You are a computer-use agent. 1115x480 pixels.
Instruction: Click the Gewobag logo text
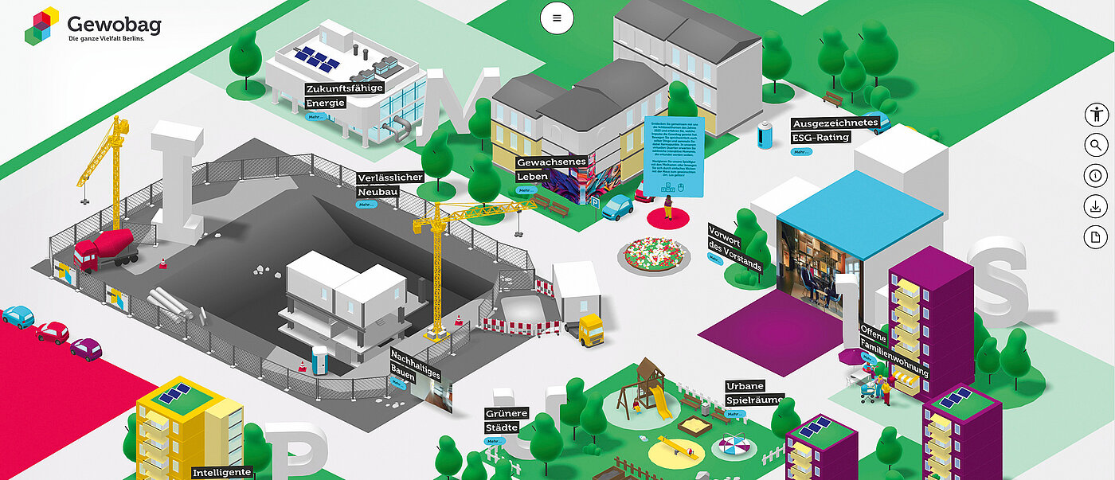(114, 25)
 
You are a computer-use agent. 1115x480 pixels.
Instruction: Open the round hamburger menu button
(557, 18)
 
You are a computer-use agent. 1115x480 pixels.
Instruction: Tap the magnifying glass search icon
(1097, 145)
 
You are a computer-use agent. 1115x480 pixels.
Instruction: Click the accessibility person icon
(1097, 115)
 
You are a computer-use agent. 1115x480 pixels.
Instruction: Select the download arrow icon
(1097, 206)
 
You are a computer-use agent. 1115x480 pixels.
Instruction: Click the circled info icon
(1097, 176)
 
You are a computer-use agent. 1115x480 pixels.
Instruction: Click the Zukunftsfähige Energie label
(344, 95)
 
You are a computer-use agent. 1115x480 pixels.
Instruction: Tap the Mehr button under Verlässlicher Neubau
(366, 205)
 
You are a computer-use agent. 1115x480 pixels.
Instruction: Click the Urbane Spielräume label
(754, 393)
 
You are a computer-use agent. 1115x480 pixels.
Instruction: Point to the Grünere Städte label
(507, 420)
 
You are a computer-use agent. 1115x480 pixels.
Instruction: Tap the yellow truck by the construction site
(590, 329)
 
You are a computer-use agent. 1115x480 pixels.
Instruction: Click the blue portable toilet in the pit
(320, 359)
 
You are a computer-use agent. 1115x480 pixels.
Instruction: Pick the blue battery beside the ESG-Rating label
(765, 135)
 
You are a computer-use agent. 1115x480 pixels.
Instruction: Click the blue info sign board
(673, 156)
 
